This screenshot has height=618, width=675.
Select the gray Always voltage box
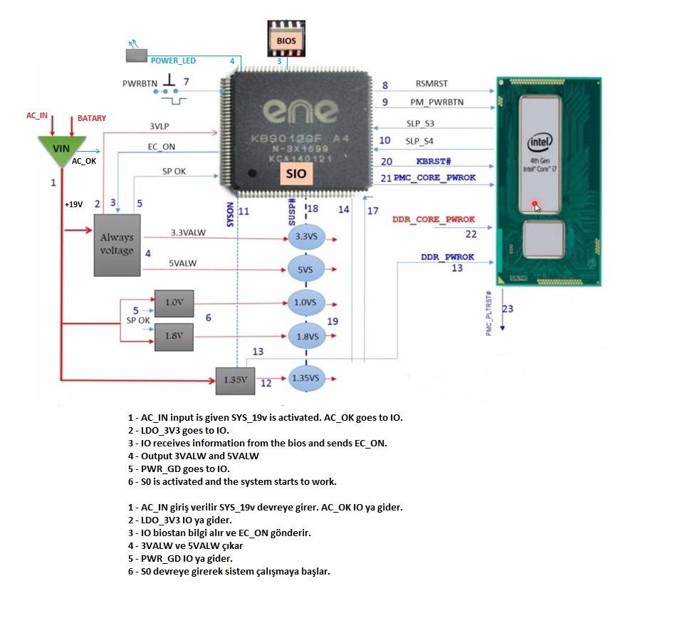tap(117, 244)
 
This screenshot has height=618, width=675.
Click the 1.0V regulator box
tap(174, 302)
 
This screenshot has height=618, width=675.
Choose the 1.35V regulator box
tap(235, 379)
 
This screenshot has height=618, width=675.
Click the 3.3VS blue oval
tap(305, 236)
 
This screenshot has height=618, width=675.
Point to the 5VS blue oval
tap(305, 270)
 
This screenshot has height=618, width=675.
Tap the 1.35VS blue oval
tap(305, 377)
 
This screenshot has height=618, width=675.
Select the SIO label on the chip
tap(295, 173)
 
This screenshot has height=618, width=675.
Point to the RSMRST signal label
tap(431, 85)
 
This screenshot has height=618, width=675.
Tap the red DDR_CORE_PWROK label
tap(433, 219)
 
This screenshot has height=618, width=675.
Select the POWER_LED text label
tap(173, 61)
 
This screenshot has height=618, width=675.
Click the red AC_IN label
tap(36, 115)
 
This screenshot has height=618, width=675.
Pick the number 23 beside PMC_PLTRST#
tap(507, 309)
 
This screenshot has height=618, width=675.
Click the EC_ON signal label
tap(162, 147)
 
